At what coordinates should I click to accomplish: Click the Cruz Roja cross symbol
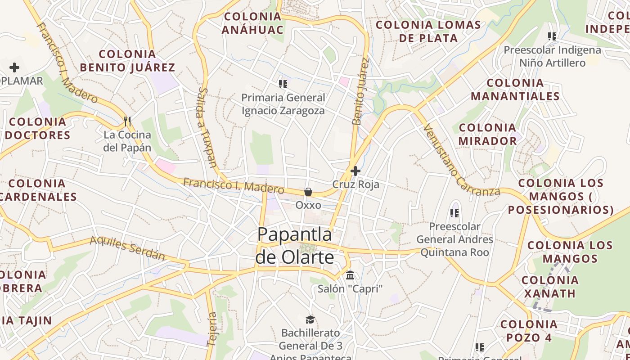coord(355,171)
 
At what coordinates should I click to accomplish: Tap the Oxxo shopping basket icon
coord(308,192)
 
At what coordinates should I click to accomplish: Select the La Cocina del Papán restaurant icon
coord(127,121)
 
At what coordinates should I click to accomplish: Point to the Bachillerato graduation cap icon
coord(310,319)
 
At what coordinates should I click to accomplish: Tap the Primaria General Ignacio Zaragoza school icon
coord(283,84)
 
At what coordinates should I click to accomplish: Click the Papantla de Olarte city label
coord(295,246)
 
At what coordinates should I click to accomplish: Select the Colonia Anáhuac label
coord(252,23)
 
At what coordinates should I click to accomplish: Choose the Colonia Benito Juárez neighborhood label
coord(127,61)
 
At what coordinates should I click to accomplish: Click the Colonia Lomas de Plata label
coord(428,31)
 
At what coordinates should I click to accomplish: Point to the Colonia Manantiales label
coord(515,89)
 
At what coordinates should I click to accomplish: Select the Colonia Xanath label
coord(550,287)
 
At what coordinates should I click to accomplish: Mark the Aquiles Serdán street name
coord(127,248)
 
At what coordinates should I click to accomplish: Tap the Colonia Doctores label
coord(37,128)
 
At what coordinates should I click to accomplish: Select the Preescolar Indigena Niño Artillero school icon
coord(552,36)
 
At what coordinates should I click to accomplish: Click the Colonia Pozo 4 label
coord(529,331)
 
